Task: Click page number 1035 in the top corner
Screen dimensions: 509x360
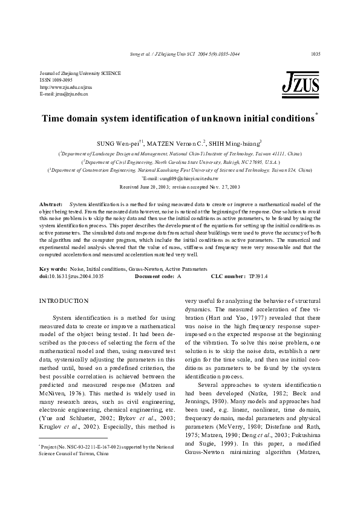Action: pos(315,54)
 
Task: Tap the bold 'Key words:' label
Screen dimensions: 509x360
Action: pos(53,268)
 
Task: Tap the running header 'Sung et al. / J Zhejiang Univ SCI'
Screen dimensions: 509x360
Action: pos(159,54)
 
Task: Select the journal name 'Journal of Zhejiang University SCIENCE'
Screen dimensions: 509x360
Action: pos(80,73)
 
